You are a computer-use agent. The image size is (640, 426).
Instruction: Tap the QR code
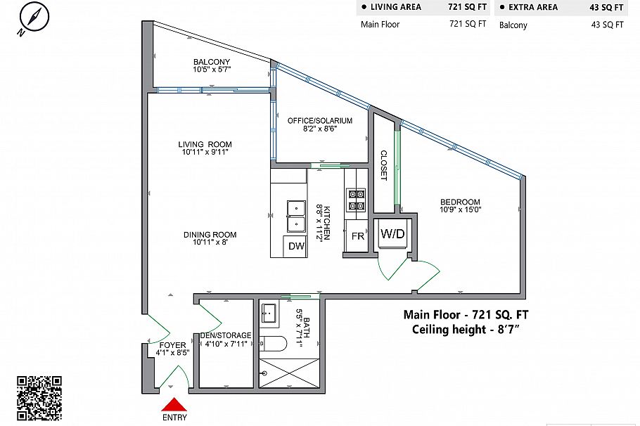click(x=39, y=399)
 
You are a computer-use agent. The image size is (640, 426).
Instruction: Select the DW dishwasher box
click(x=296, y=246)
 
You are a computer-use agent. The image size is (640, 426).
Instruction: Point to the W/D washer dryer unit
click(x=392, y=233)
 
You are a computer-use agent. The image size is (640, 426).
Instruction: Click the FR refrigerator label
click(x=357, y=236)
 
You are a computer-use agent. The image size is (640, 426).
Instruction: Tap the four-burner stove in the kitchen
click(x=356, y=200)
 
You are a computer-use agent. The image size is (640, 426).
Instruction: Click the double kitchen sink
click(x=295, y=216)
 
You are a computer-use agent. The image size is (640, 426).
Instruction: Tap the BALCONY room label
click(x=212, y=62)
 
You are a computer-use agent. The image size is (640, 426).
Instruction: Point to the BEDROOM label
click(x=460, y=202)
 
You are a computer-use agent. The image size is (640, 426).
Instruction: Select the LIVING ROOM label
click(x=205, y=144)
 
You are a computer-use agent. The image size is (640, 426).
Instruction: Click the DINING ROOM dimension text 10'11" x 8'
click(x=205, y=243)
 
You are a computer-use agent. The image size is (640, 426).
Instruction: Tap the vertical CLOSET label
click(x=383, y=165)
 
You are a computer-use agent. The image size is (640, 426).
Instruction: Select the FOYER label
click(x=172, y=345)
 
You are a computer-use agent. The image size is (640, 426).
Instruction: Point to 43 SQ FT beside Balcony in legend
click(x=608, y=25)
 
